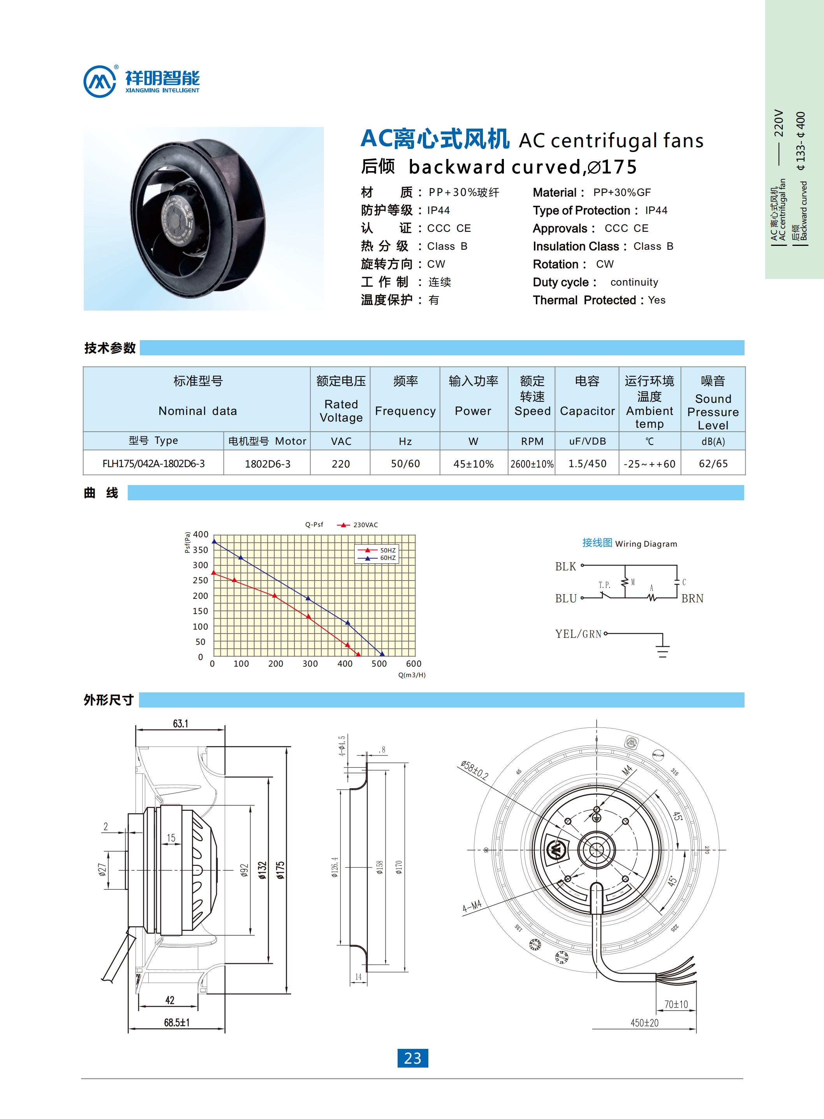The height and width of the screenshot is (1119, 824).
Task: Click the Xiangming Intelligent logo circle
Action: [100, 81]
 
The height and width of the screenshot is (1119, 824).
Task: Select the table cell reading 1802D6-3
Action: [268, 464]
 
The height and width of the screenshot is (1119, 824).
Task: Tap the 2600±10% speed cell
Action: [532, 464]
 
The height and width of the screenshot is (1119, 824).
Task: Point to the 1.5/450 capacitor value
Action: [587, 464]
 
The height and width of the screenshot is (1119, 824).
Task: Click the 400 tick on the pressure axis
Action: [201, 534]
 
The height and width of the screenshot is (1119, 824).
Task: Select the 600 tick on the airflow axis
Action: [414, 663]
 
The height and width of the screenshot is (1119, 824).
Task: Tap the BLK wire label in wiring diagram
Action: [566, 567]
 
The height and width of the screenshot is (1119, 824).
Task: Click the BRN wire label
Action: [692, 598]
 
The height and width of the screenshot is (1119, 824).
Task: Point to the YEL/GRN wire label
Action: [578, 634]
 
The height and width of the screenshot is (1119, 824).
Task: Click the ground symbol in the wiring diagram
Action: [662, 650]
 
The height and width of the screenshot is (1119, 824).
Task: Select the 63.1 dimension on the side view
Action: [181, 724]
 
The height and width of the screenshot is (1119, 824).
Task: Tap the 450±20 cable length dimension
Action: [644, 1023]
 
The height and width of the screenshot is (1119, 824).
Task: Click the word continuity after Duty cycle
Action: [634, 282]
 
